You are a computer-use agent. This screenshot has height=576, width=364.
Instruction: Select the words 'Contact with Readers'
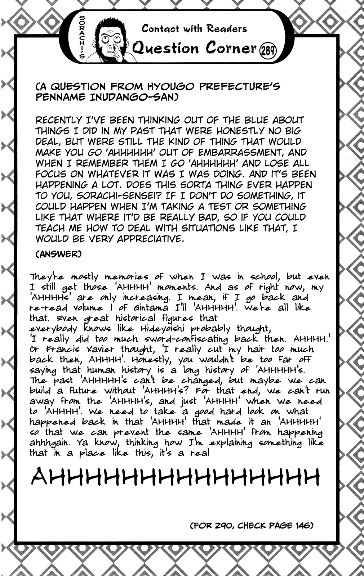(x=194, y=29)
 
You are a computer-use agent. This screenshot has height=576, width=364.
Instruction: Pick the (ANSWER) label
(x=58, y=254)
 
